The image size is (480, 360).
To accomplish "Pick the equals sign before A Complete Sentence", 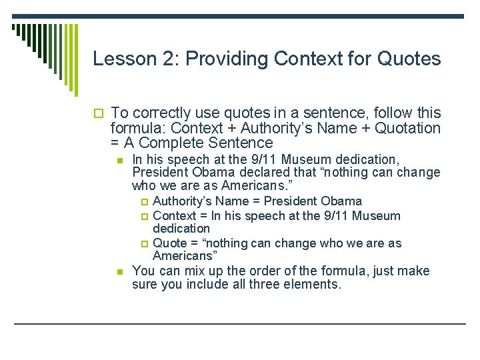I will tap(117, 143).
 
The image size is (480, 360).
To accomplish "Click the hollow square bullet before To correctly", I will tap(97, 114).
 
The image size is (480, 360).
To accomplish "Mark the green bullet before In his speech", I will tap(120, 160).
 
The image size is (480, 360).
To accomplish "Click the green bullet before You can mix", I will tap(120, 272).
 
